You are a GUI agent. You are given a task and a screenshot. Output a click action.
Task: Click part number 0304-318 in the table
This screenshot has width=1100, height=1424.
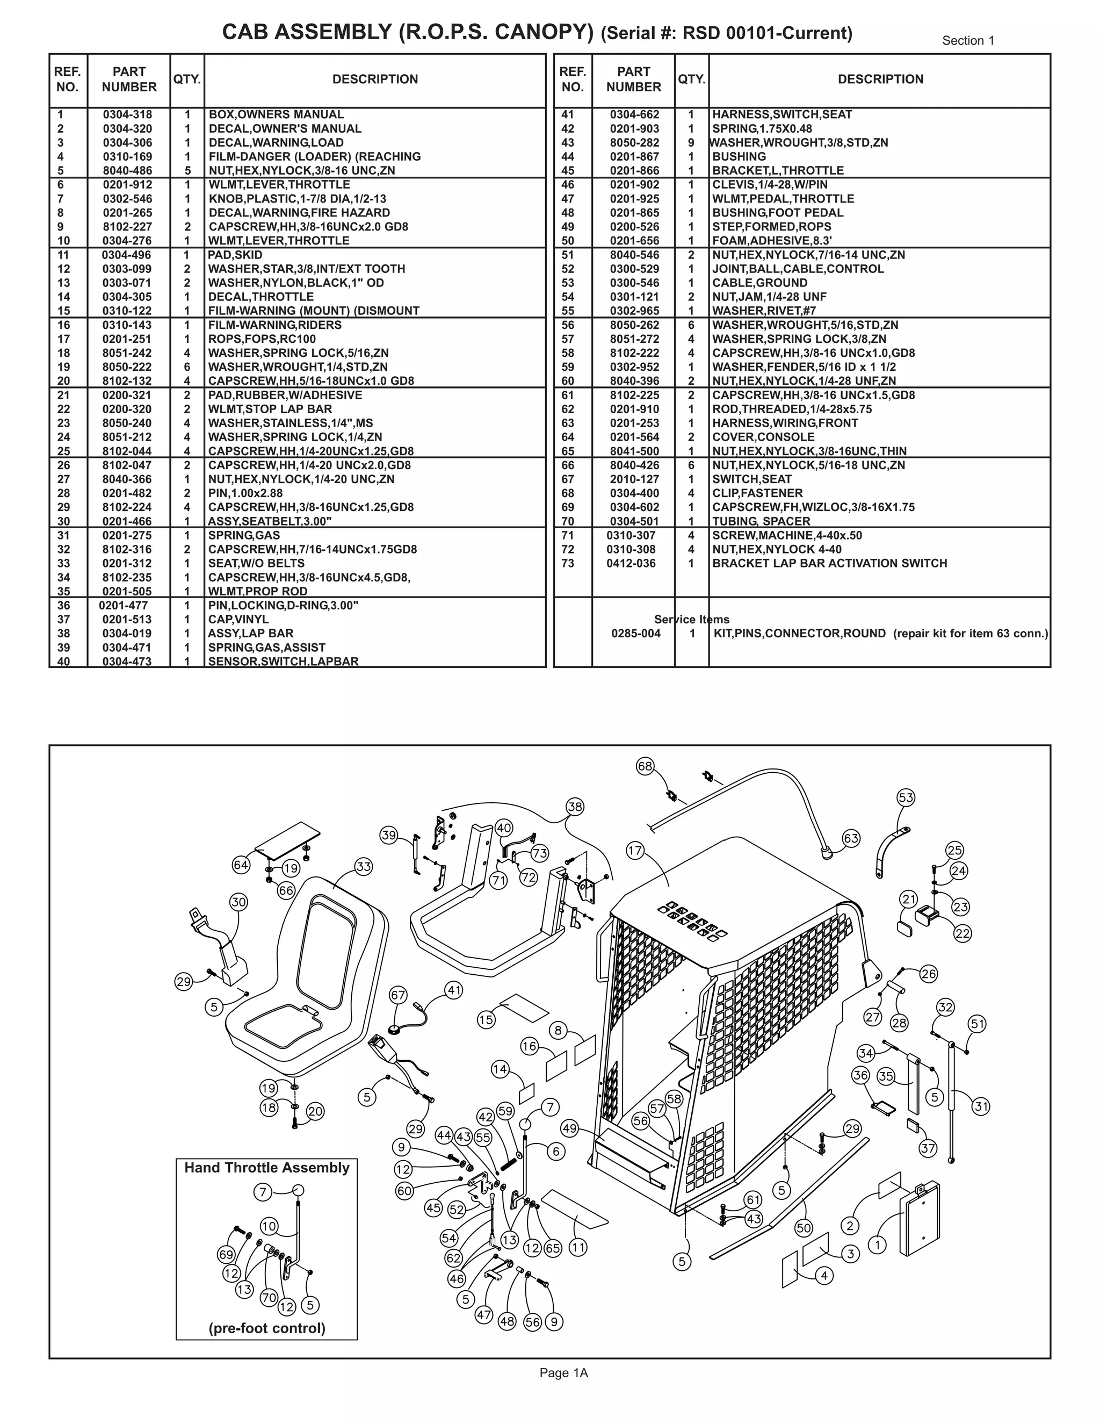[127, 115]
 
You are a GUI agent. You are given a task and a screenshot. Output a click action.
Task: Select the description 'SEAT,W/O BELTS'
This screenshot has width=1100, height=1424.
[256, 563]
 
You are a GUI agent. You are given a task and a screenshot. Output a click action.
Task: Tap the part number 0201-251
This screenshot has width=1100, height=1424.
[127, 339]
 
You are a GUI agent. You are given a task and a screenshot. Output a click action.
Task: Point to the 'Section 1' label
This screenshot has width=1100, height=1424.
[968, 40]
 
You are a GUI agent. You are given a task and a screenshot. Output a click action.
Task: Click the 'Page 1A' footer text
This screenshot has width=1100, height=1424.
[563, 1372]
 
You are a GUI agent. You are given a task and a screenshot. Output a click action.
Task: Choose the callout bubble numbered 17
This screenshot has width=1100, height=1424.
[635, 850]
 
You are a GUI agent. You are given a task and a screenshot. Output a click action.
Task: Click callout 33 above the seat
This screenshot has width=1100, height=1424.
[364, 867]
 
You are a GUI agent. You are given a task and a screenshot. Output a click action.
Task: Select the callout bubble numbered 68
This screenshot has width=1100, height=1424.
[645, 766]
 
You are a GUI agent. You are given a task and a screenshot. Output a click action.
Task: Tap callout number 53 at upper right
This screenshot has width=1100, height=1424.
[906, 797]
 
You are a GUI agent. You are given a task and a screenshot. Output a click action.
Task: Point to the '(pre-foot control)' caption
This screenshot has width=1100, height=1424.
[266, 1328]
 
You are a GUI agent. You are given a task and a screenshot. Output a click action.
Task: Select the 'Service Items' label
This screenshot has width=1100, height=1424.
[691, 620]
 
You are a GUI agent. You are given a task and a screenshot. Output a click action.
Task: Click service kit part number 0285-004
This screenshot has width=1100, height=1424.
[635, 633]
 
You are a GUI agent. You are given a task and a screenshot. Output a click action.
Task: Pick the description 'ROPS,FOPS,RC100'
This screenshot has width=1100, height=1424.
[262, 339]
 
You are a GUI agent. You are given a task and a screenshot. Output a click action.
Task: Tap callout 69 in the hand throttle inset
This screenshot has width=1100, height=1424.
[226, 1255]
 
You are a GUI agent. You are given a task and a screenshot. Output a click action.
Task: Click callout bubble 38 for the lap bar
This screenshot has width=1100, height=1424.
[575, 807]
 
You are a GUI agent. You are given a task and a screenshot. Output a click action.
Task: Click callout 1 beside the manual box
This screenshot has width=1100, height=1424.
[877, 1245]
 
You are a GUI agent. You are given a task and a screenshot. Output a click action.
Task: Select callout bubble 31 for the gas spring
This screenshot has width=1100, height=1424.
[981, 1106]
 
